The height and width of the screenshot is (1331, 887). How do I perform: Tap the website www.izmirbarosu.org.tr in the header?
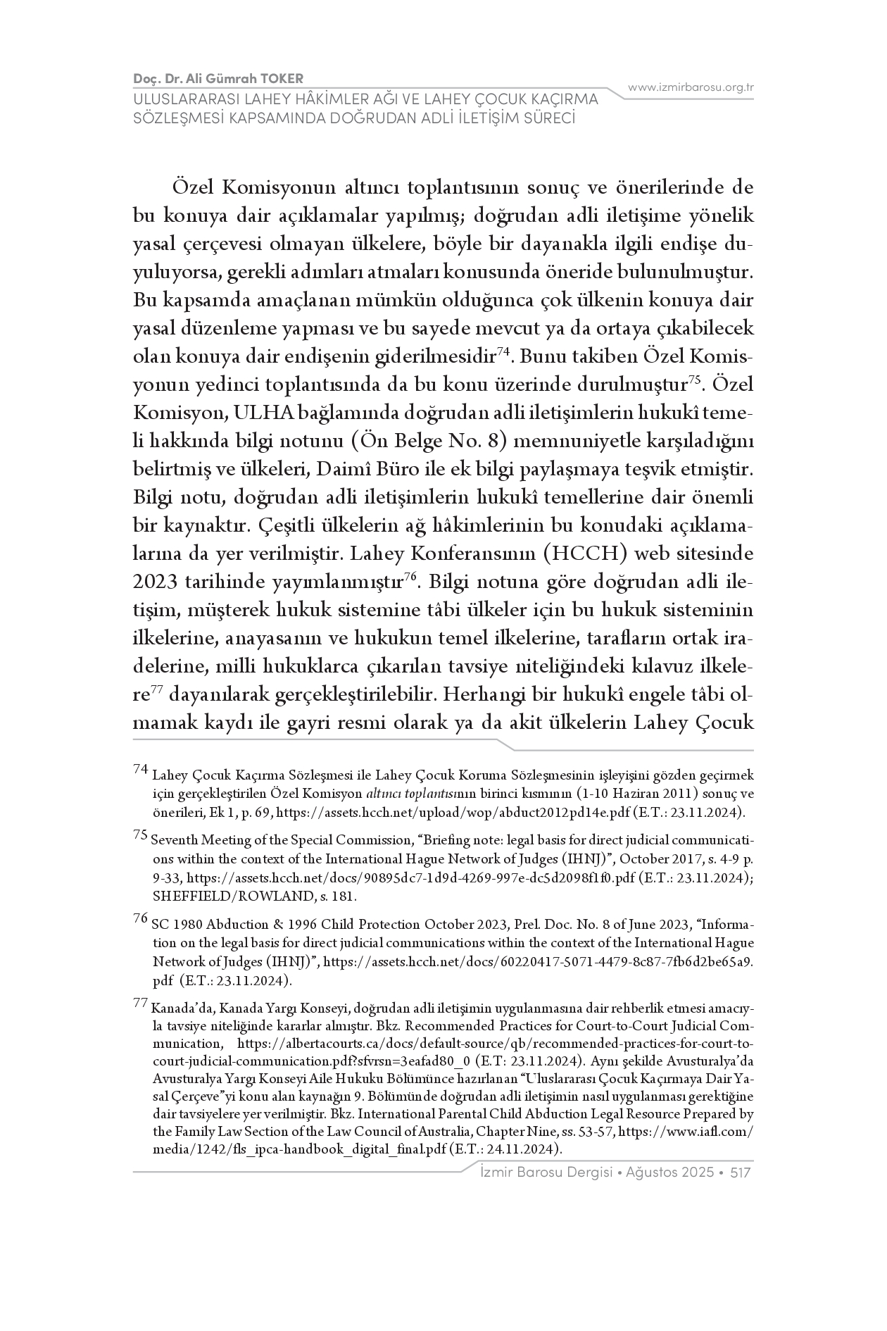691,87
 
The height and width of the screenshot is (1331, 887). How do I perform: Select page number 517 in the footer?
742,1173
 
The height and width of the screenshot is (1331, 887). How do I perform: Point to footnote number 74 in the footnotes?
140,770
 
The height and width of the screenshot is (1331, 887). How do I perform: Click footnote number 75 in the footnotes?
140,835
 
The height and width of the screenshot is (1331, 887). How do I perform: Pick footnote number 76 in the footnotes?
140,918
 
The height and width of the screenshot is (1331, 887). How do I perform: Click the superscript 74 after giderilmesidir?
503,351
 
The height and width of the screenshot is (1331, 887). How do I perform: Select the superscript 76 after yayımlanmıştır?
412,576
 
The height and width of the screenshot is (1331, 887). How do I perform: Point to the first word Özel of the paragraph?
191,188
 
